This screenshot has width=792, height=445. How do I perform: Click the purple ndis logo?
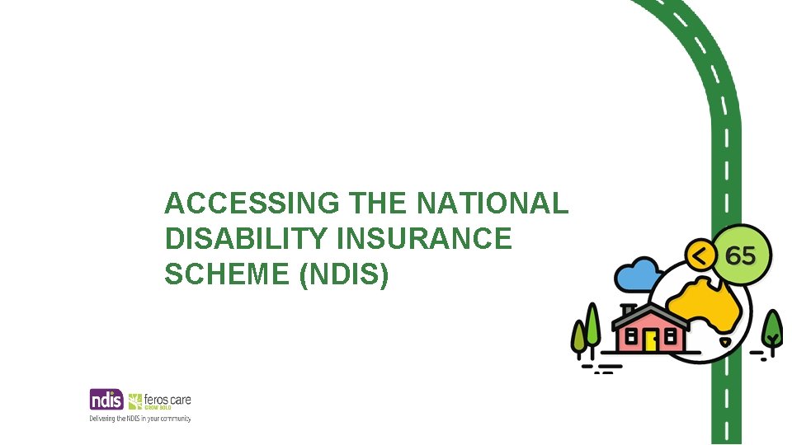106,400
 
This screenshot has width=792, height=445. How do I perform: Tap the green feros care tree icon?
136,400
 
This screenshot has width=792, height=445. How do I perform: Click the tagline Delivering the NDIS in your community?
140,419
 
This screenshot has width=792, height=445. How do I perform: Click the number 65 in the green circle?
740,255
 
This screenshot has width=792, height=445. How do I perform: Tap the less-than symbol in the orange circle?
700,256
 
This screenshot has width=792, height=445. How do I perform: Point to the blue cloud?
639,275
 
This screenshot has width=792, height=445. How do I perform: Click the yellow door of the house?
651,340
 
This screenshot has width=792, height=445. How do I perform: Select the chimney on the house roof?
629,311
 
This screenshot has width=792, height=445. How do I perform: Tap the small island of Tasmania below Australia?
725,340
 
